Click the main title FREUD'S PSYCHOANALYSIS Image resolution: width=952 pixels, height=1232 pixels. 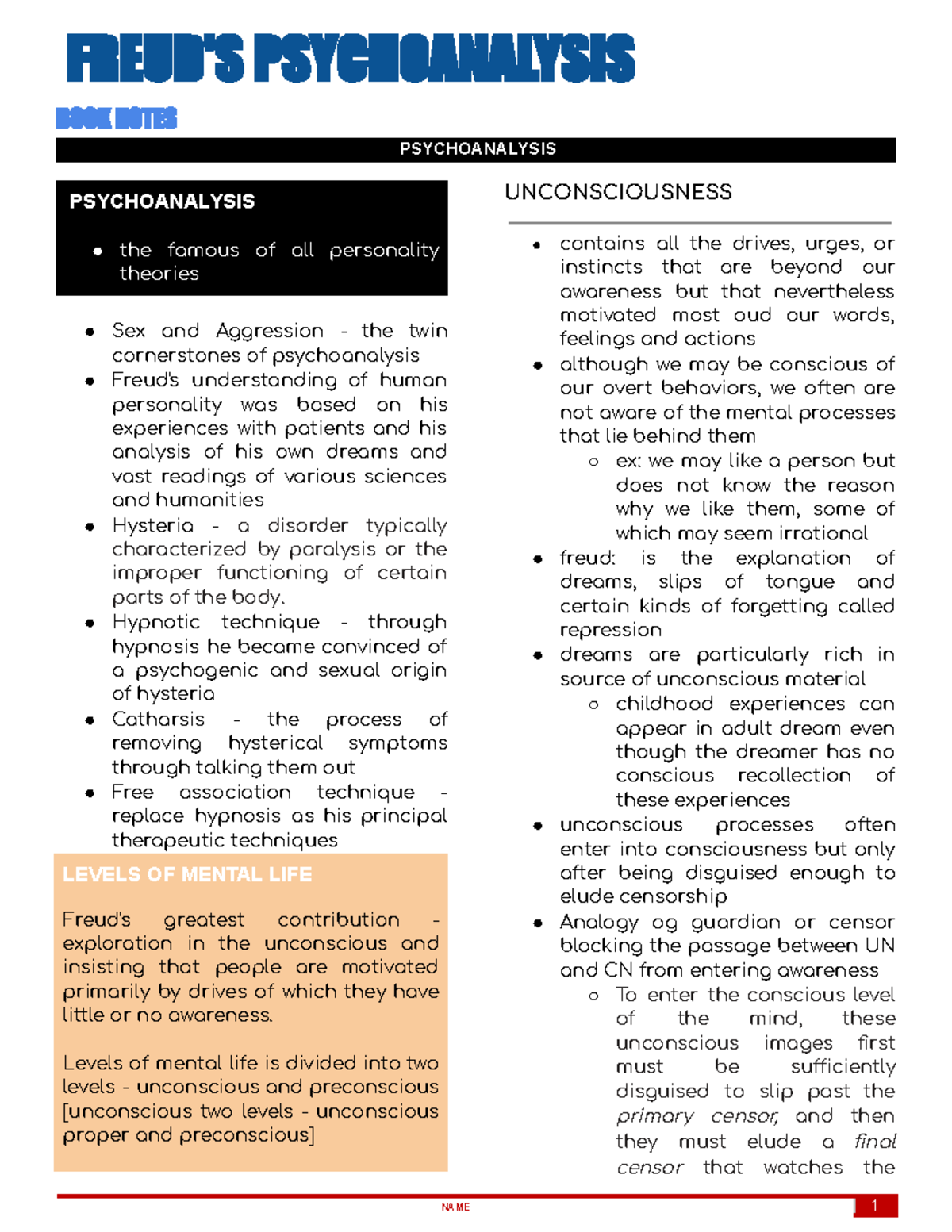click(350, 58)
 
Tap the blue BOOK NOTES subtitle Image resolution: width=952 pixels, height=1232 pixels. click(116, 118)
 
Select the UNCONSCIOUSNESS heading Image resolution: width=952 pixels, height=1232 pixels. click(618, 192)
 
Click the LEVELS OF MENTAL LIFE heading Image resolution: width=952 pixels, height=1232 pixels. click(187, 874)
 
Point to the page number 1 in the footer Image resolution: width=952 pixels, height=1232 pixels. click(874, 1206)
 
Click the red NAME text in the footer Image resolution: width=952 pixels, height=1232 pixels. click(455, 1207)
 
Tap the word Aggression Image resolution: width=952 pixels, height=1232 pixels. click(270, 331)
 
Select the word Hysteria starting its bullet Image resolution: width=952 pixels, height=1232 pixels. click(152, 526)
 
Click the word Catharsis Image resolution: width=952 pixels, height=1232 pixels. click(158, 720)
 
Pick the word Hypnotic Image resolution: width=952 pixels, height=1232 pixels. click(155, 622)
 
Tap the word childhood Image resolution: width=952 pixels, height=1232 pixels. click(664, 704)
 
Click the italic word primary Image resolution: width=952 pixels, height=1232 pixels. click(654, 1117)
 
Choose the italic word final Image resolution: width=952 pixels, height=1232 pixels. click(874, 1142)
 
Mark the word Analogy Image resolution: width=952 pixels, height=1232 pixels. click(598, 923)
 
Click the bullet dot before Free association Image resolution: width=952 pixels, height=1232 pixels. click(90, 793)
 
